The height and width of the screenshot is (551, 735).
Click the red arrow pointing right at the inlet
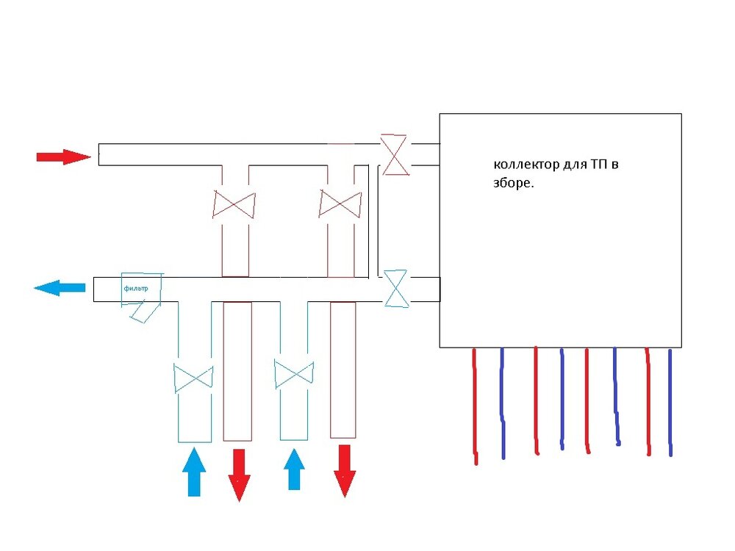coord(63,156)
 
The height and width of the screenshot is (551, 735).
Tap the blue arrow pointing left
coord(60,288)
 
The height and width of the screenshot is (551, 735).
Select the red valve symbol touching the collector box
coord(394,154)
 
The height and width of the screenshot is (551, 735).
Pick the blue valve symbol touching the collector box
coord(396,288)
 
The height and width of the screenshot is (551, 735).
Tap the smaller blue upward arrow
coord(294,469)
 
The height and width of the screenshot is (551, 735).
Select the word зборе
coord(512,184)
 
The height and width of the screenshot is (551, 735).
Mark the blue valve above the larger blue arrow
coord(193,378)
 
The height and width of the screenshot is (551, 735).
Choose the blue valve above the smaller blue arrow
coord(294,373)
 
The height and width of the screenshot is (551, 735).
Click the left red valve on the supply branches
coord(234,204)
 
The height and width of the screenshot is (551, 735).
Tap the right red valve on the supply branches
coord(340,204)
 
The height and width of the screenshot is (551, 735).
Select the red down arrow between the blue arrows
coord(239,475)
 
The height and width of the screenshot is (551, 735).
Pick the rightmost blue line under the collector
coord(670,403)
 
